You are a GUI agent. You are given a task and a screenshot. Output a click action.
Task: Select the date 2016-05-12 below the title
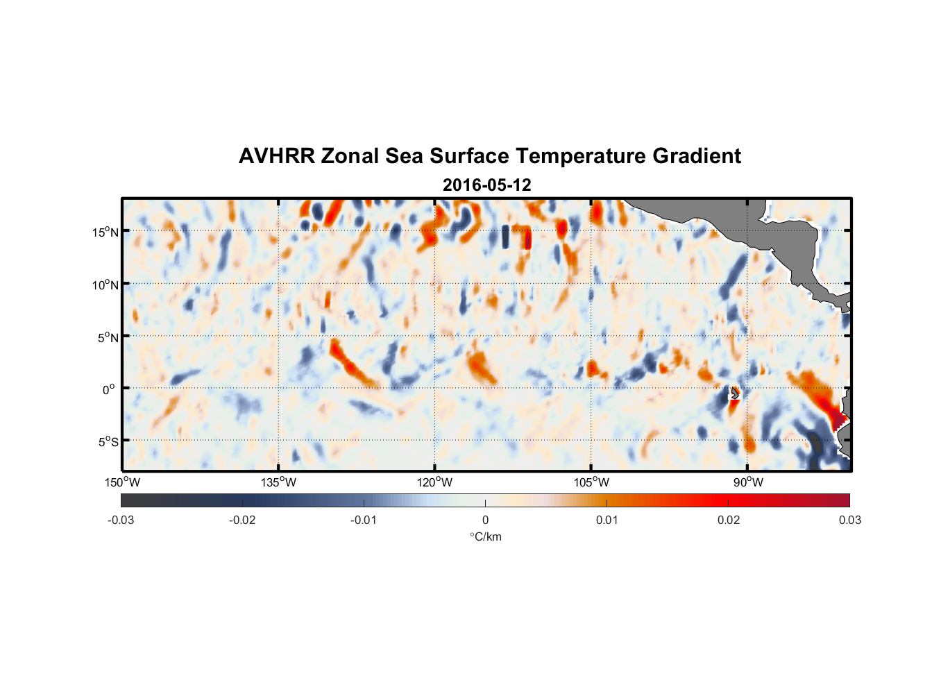coord(486,185)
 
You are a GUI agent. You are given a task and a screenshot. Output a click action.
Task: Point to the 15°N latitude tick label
coord(105,232)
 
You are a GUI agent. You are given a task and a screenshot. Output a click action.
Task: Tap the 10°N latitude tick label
coord(105,285)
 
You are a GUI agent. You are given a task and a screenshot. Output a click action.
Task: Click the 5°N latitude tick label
coord(108,337)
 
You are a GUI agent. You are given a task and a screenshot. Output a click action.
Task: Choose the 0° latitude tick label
coord(109,389)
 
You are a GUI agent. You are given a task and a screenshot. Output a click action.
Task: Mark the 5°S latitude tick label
coord(108,442)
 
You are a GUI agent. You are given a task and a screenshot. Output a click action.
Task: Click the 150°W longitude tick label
coord(122,482)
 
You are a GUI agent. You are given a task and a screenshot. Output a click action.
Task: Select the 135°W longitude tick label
coord(278,482)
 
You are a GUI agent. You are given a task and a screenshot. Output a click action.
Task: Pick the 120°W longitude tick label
coord(434,482)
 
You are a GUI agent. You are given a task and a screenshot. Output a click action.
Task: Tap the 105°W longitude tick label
coord(591,482)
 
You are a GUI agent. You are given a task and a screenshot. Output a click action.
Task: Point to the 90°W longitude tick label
coord(747,482)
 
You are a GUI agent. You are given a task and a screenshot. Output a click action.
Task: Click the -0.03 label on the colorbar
coord(121,520)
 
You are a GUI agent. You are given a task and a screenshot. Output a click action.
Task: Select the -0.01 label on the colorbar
coord(364,520)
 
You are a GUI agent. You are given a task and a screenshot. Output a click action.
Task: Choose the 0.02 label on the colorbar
coord(729,520)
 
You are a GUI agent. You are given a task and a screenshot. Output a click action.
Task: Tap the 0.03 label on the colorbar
coord(849,520)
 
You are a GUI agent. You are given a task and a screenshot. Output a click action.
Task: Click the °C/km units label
coord(485,536)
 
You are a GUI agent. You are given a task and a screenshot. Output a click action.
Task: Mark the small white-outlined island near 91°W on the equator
coord(734,393)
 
